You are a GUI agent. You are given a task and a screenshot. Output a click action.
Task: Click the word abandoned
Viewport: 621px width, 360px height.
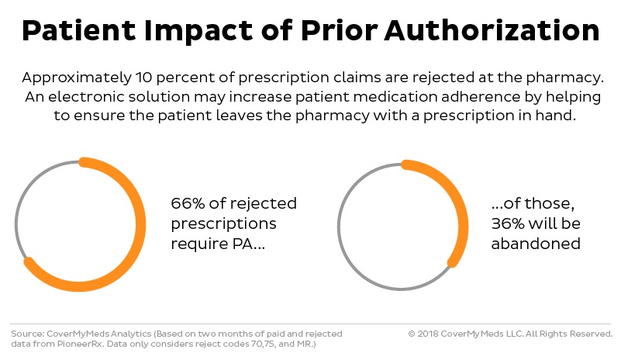click(536, 243)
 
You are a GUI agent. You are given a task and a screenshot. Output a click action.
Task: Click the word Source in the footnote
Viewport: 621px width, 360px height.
click(26, 334)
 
